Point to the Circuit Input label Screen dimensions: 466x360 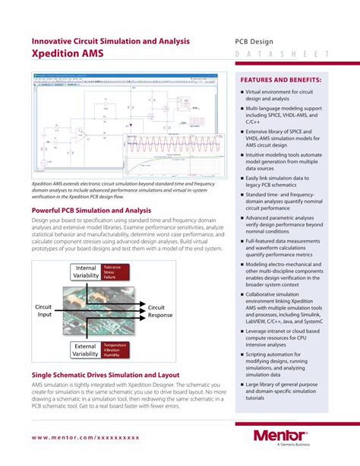(x=43, y=311)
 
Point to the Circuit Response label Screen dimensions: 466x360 (x=159, y=311)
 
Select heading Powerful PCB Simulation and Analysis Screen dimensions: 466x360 (x=91, y=210)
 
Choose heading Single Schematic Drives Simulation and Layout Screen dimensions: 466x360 (x=105, y=375)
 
